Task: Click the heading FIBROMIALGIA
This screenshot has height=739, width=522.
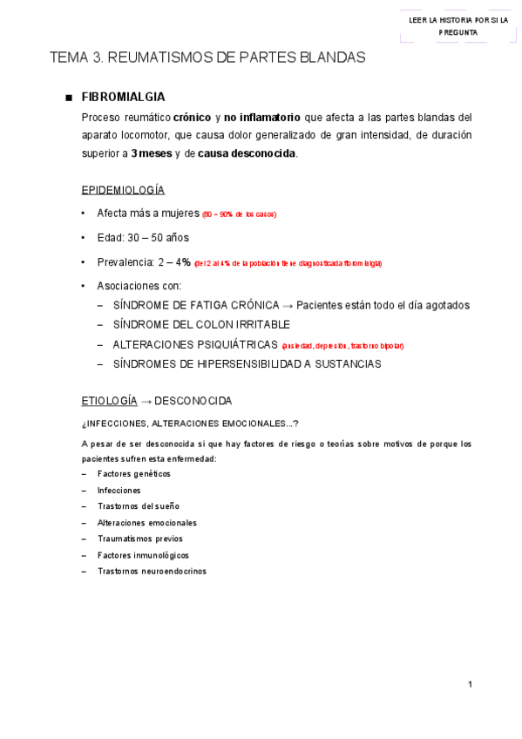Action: (123, 97)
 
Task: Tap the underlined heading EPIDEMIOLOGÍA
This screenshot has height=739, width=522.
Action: (123, 190)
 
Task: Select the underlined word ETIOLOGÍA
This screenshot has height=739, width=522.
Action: (109, 401)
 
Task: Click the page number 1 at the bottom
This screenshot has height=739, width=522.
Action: (470, 684)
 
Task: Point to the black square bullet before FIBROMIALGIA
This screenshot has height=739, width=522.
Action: (67, 98)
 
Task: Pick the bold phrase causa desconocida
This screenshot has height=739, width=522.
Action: (247, 154)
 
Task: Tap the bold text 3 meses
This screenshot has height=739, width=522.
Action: (152, 154)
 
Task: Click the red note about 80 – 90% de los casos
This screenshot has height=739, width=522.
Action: (240, 214)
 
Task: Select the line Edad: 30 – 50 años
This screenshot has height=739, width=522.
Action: (143, 238)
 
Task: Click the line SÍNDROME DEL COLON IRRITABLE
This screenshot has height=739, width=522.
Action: (189, 324)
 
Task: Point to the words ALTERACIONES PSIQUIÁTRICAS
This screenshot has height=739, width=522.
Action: (189, 345)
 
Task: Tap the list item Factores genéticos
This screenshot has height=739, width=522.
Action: (133, 474)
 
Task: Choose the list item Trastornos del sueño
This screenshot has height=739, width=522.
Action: (138, 506)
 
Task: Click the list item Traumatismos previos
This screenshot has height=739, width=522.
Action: (139, 539)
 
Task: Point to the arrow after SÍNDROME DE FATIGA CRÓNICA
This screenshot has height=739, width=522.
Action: (288, 305)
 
